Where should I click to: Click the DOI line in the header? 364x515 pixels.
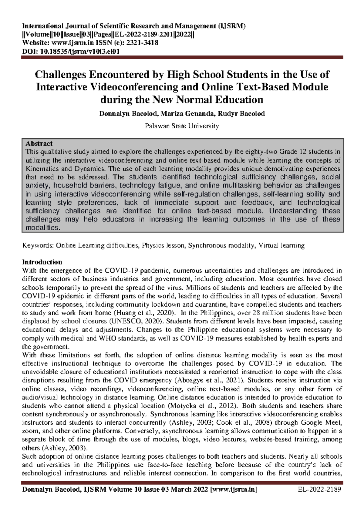pyautogui.click(x=71, y=51)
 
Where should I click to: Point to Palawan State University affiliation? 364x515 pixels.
pyautogui.click(x=182, y=126)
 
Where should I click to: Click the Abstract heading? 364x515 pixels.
pyautogui.click(x=39, y=143)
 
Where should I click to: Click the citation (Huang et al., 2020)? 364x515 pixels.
pyautogui.click(x=144, y=313)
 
